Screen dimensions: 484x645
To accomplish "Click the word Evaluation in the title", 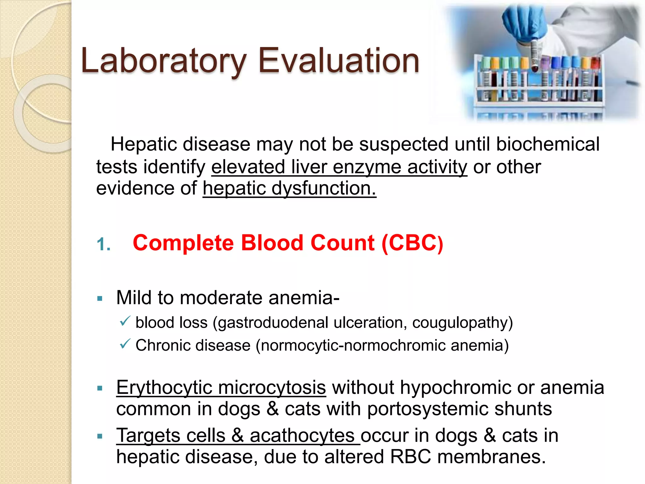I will (339, 60).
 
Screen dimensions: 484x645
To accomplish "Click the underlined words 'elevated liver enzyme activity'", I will (339, 167).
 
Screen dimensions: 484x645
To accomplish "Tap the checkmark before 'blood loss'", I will (125, 321).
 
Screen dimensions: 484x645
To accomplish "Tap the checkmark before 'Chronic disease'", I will (125, 344).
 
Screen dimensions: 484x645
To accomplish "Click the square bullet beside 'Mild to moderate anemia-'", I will (100, 298).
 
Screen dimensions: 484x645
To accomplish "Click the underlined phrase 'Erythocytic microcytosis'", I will (221, 388).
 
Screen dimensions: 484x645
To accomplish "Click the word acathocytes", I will (302, 436).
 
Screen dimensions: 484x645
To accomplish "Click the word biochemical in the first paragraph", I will (548, 145).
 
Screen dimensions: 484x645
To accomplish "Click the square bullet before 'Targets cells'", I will (100, 436).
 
